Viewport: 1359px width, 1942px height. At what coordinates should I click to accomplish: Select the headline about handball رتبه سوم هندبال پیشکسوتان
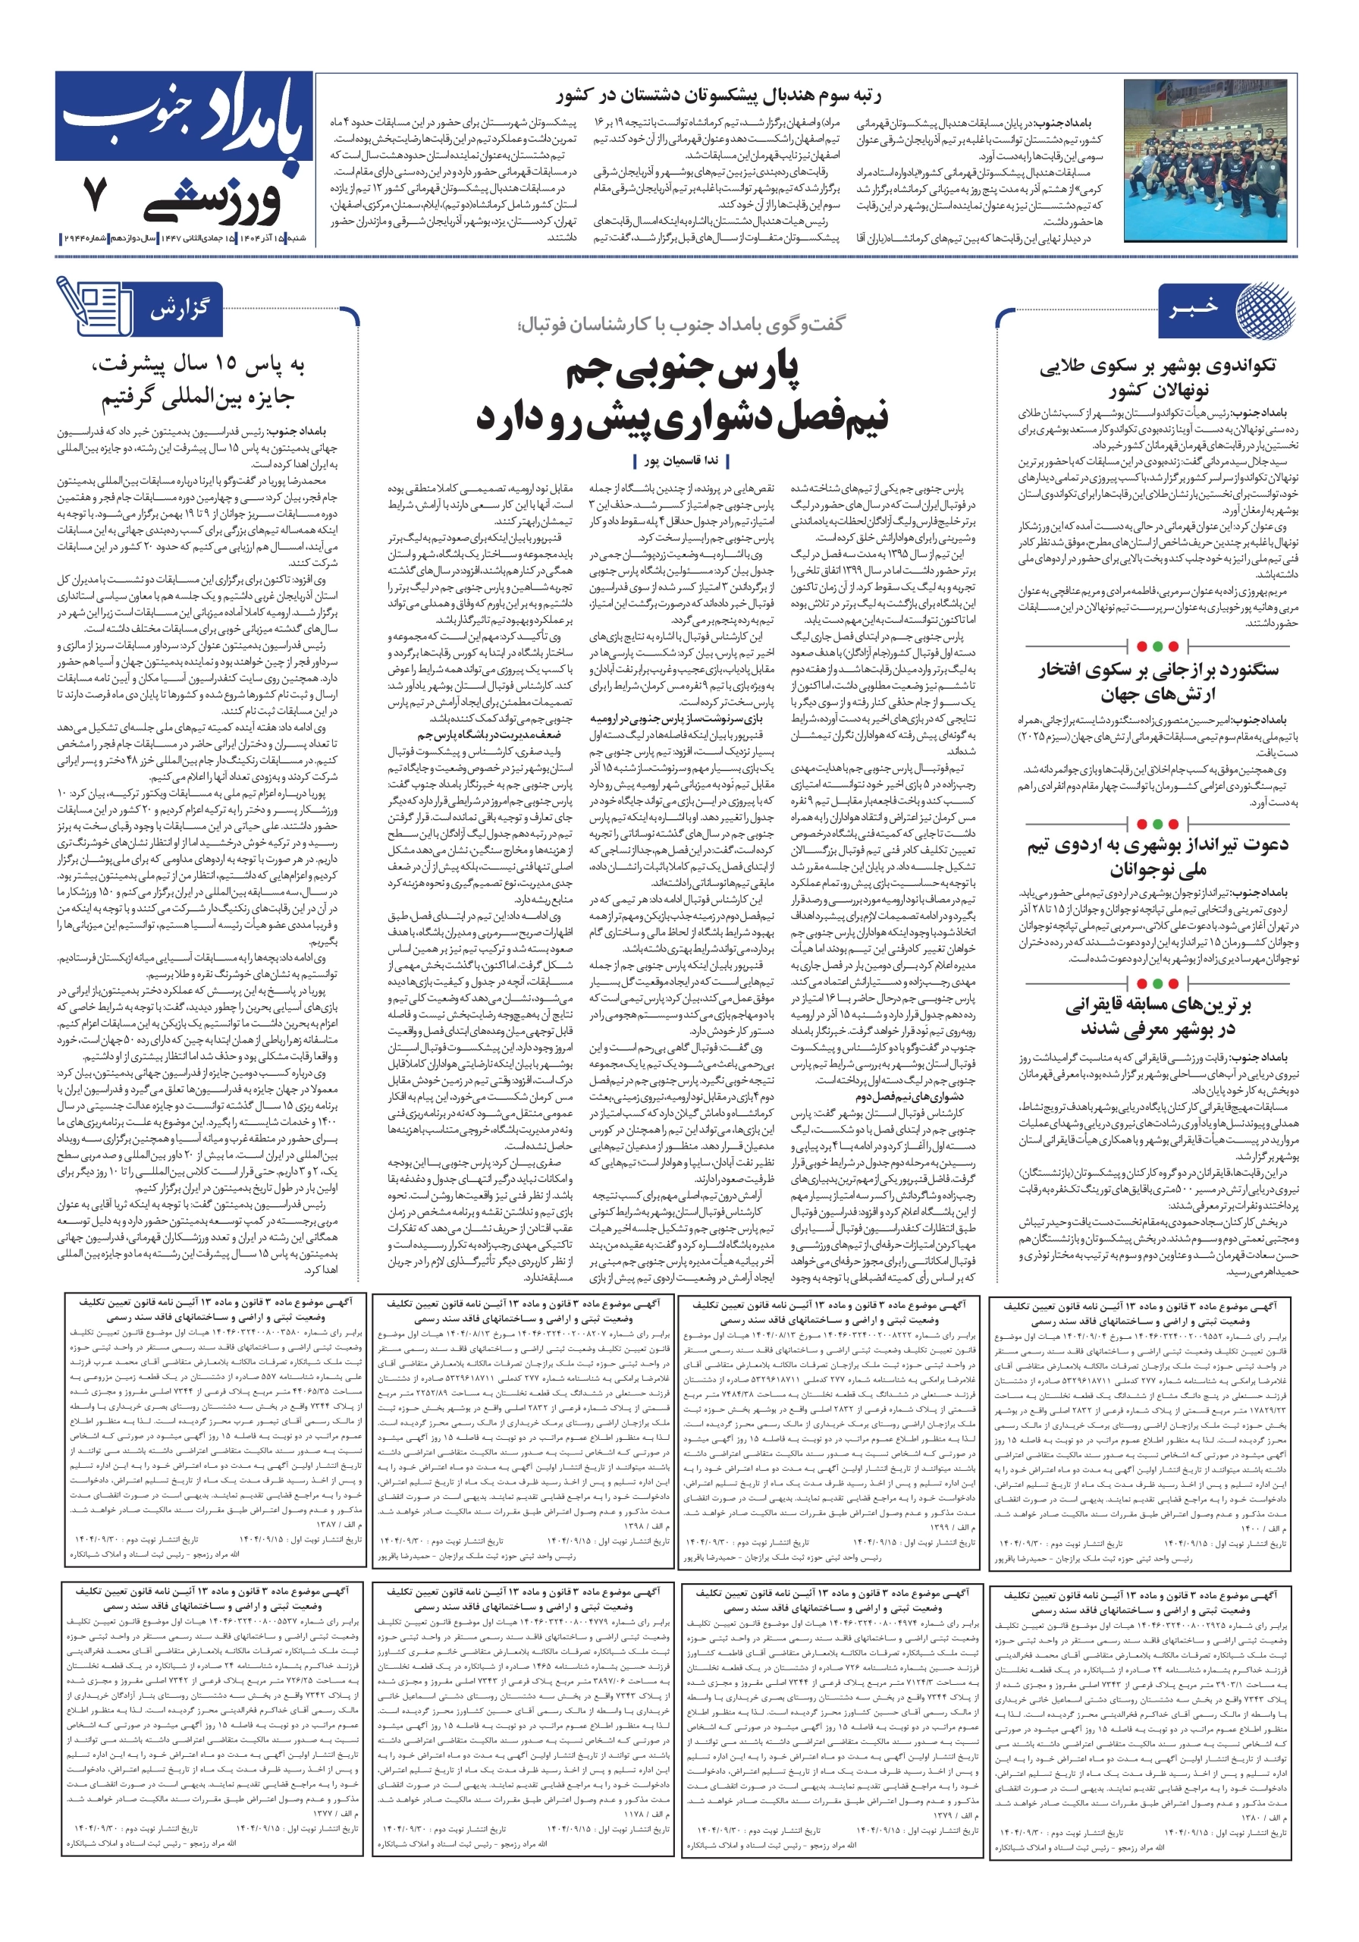point(718,95)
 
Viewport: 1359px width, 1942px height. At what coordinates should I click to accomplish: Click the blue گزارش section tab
point(179,310)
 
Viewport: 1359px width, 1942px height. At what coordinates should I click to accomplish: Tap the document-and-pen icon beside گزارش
point(93,306)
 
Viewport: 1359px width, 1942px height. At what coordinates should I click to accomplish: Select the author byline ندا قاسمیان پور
point(681,461)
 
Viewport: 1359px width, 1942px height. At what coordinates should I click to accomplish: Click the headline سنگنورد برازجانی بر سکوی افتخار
point(1158,682)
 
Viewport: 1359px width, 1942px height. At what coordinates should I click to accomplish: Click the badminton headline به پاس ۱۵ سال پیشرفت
point(199,381)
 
